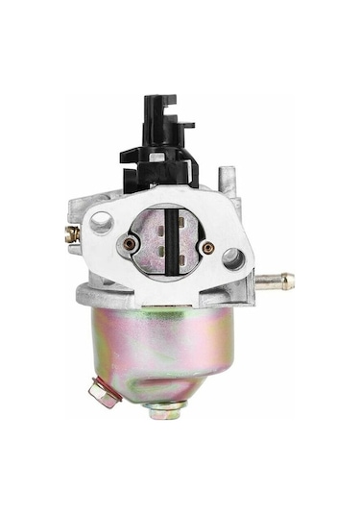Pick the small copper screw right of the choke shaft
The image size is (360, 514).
[208, 248]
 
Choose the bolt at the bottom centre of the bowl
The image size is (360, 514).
[164, 411]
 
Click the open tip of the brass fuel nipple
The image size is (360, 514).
[290, 281]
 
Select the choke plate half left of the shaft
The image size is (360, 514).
[149, 250]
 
